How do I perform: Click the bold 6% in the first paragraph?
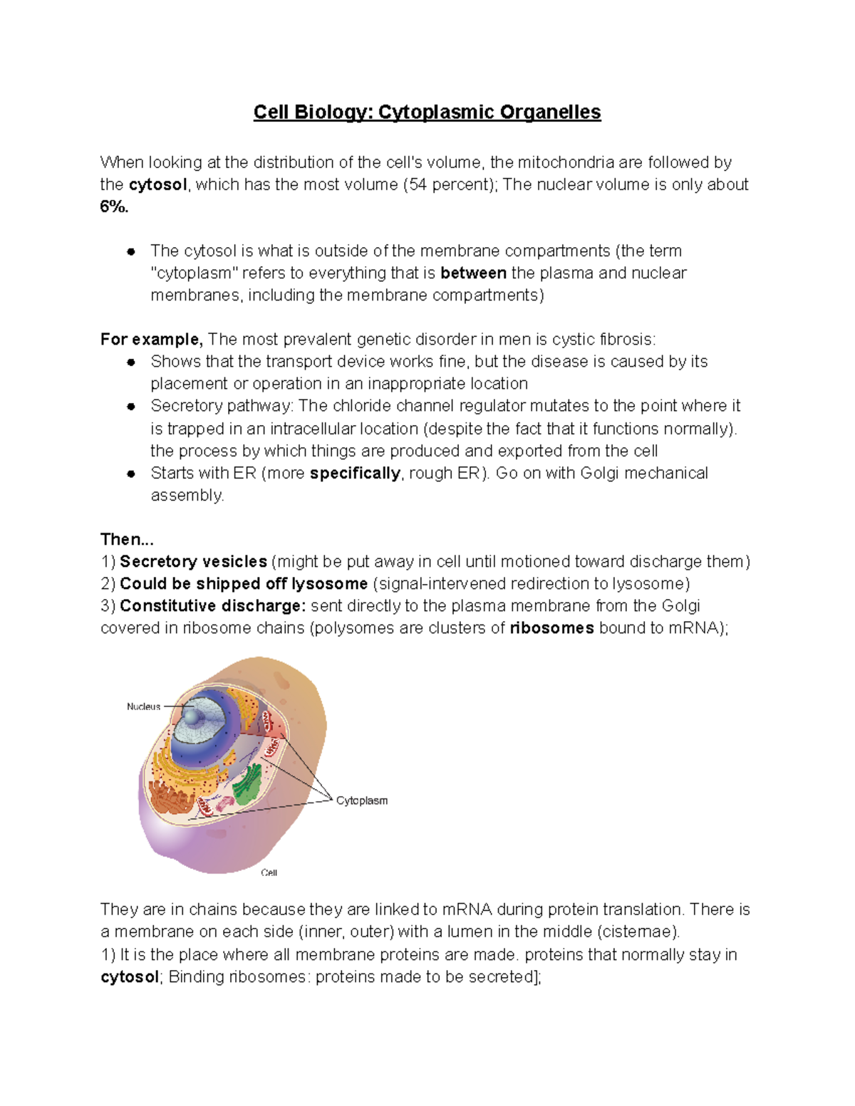pyautogui.click(x=114, y=207)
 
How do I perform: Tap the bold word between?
pyautogui.click(x=473, y=273)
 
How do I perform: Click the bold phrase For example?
pyautogui.click(x=151, y=339)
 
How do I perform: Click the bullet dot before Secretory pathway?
pyautogui.click(x=131, y=407)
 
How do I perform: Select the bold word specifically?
pyautogui.click(x=355, y=473)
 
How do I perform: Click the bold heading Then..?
pyautogui.click(x=127, y=539)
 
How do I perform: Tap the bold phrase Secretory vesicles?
pyautogui.click(x=193, y=561)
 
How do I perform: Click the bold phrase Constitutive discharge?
pyautogui.click(x=212, y=605)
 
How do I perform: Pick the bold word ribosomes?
pyautogui.click(x=551, y=627)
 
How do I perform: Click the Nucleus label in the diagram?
pyautogui.click(x=143, y=706)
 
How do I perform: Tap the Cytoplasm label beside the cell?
pyautogui.click(x=362, y=800)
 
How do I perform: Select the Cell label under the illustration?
pyautogui.click(x=269, y=872)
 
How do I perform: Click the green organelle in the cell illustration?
pyautogui.click(x=247, y=786)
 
